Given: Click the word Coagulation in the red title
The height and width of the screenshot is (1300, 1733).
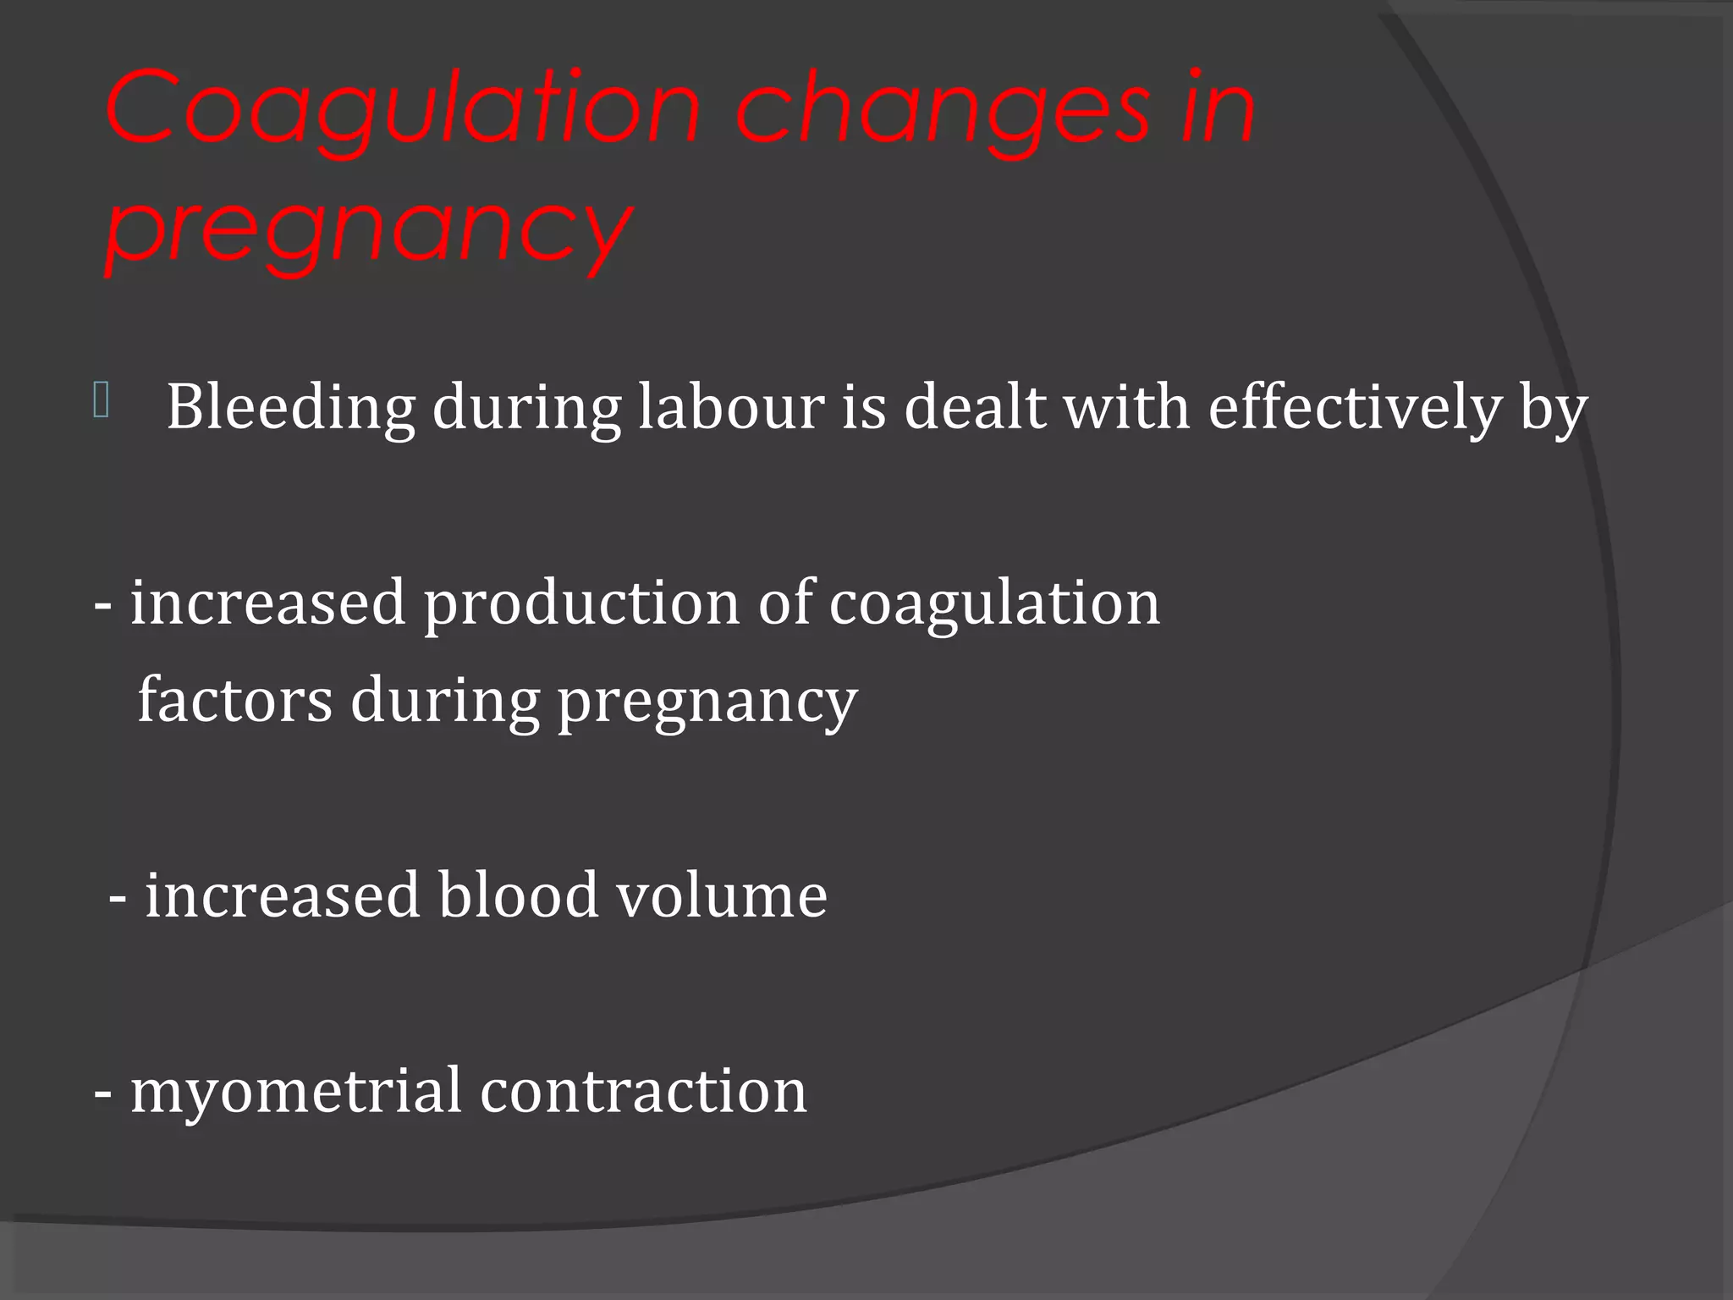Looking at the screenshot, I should tap(403, 110).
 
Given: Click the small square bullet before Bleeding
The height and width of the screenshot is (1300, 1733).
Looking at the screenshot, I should tap(102, 400).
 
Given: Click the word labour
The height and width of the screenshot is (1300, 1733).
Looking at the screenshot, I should tap(731, 406).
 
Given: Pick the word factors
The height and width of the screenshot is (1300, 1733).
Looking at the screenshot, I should tap(235, 701).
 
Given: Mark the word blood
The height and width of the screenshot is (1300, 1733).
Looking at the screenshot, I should tap(518, 895).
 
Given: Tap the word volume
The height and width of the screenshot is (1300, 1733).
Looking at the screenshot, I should tap(721, 895).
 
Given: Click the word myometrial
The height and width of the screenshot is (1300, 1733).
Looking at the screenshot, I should tap(296, 1092).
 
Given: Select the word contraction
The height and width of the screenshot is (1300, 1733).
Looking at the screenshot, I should tap(643, 1092).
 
